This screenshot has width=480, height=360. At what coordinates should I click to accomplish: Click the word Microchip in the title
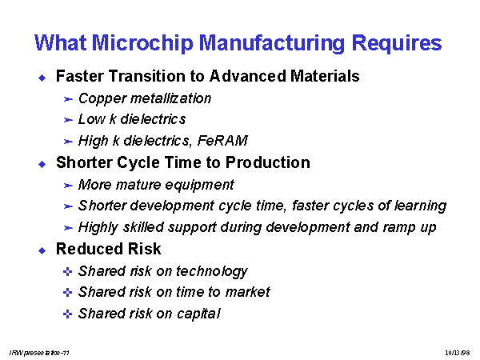[142, 43]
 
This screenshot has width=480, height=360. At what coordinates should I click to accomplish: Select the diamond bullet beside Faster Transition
[42, 78]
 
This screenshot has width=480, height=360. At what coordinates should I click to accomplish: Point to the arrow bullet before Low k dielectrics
[68, 120]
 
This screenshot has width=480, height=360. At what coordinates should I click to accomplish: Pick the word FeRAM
[222, 141]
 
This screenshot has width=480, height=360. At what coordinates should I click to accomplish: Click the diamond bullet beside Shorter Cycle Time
[42, 164]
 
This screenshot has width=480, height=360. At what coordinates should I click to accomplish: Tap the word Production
[267, 162]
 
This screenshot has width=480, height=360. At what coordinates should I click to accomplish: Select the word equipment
[199, 186]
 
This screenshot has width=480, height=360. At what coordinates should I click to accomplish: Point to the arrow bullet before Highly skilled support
[68, 228]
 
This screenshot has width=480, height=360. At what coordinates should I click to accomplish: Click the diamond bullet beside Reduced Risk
[42, 250]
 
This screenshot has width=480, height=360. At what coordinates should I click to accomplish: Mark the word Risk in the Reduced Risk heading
[144, 249]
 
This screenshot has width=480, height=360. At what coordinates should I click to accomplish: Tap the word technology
[211, 272]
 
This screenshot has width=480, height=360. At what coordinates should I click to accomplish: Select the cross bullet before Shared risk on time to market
[67, 293]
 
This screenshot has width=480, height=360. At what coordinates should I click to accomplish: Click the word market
[248, 292]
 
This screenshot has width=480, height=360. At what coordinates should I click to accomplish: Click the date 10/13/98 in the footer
[458, 353]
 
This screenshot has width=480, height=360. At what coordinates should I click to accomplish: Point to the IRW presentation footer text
[39, 353]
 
